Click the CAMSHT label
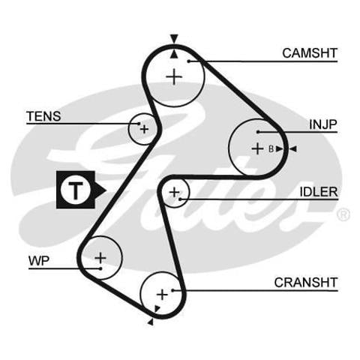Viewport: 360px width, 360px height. [x=310, y=53]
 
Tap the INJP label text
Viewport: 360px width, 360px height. [x=323, y=124]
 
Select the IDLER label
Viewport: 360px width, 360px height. [x=319, y=192]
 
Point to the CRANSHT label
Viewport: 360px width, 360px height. [x=306, y=283]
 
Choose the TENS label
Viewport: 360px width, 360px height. [x=43, y=116]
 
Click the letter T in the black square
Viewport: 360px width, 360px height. [x=75, y=190]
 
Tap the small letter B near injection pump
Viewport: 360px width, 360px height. [x=271, y=149]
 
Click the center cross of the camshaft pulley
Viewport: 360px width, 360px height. [x=174, y=76]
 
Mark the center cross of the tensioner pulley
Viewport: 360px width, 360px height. [x=144, y=129]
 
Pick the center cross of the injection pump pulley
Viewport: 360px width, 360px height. [x=257, y=149]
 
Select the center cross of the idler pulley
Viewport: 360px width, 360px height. [x=174, y=192]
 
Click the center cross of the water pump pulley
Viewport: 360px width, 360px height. [x=100, y=258]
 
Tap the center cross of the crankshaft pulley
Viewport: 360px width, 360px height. [x=162, y=295]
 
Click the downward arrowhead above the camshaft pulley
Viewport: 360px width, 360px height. [x=174, y=39]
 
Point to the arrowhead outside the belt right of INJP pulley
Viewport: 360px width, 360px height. [x=292, y=149]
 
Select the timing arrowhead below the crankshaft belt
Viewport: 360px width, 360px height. [x=151, y=322]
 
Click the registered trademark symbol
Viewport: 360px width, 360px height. [x=343, y=214]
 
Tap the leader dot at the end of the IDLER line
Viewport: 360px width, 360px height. [x=180, y=199]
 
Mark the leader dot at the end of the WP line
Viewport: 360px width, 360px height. [x=100, y=268]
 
